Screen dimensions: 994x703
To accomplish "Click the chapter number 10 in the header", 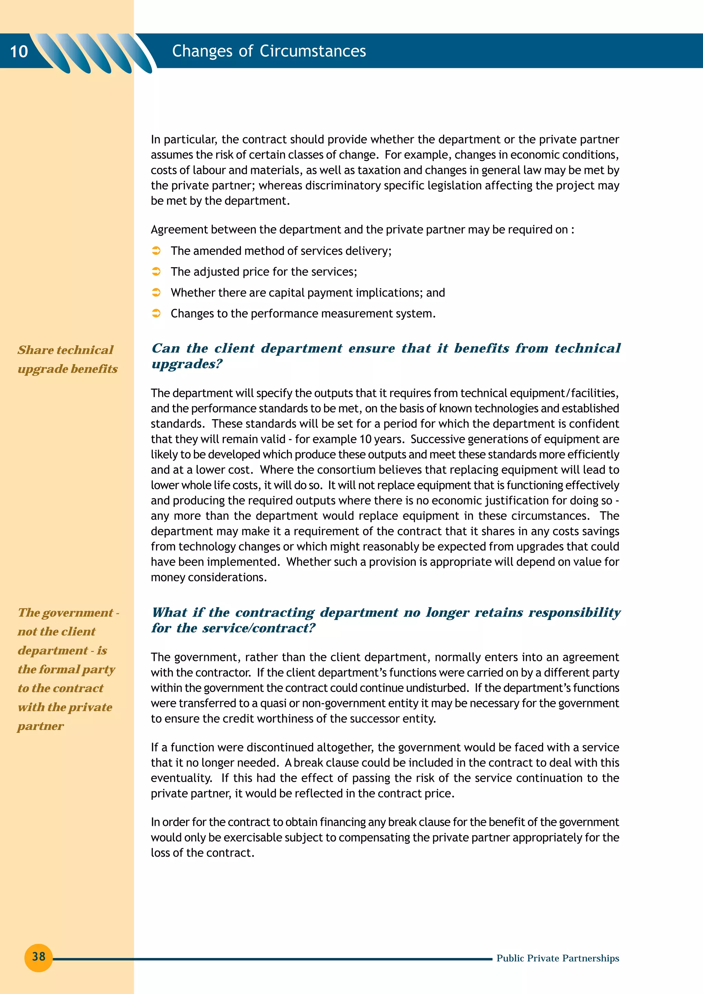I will coord(19,51).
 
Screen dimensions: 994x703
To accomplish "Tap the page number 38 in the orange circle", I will coord(38,956).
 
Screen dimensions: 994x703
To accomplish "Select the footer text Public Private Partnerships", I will coord(557,958).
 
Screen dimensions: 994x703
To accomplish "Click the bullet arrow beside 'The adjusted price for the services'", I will coord(157,271).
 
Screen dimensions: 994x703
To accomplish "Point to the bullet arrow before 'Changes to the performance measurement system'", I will coord(157,313).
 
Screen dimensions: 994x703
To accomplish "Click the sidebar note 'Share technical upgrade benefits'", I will coord(67,359).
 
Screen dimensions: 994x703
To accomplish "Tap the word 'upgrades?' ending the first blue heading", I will coord(187,364).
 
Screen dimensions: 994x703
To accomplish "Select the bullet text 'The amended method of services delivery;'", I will coord(281,251).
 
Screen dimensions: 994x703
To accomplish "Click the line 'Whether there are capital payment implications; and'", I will coord(308,293).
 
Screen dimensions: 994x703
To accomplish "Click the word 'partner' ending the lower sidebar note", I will coord(41,726).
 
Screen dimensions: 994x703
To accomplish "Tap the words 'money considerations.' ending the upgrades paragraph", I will coord(209,577).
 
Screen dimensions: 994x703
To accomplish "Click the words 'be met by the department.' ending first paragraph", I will coord(220,201).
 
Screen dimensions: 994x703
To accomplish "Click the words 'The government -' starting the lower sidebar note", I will coord(68,613).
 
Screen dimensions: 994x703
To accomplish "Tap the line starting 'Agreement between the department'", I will coord(362,229).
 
